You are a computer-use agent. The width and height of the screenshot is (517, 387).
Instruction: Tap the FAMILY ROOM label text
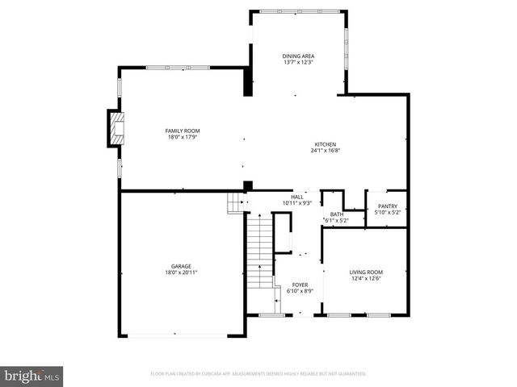coord(183,131)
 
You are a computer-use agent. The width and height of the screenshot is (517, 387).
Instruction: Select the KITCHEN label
coord(326,144)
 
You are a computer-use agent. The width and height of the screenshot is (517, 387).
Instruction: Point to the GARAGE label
coord(180,266)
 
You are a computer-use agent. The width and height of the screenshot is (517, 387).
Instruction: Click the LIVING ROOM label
coord(366,273)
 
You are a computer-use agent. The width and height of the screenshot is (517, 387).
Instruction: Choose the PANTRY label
coord(387,206)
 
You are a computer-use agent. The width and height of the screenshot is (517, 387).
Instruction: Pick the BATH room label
coord(337,214)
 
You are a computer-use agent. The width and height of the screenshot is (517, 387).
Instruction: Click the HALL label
coord(297,197)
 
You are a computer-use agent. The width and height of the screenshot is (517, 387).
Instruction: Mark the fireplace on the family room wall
coord(117,128)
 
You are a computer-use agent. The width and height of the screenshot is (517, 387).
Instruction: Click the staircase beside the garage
coord(258,250)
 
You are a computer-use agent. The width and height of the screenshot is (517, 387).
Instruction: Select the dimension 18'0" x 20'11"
coord(180,273)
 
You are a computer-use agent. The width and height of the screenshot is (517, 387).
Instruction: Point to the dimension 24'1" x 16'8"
coord(326,151)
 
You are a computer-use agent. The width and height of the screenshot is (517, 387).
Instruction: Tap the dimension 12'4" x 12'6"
coord(366,279)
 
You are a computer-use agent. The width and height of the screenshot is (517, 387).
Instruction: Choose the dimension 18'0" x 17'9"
coord(183,137)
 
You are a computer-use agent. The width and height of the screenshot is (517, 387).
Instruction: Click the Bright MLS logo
coord(32,375)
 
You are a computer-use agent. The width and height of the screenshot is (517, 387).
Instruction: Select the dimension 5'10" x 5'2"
coord(387,213)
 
